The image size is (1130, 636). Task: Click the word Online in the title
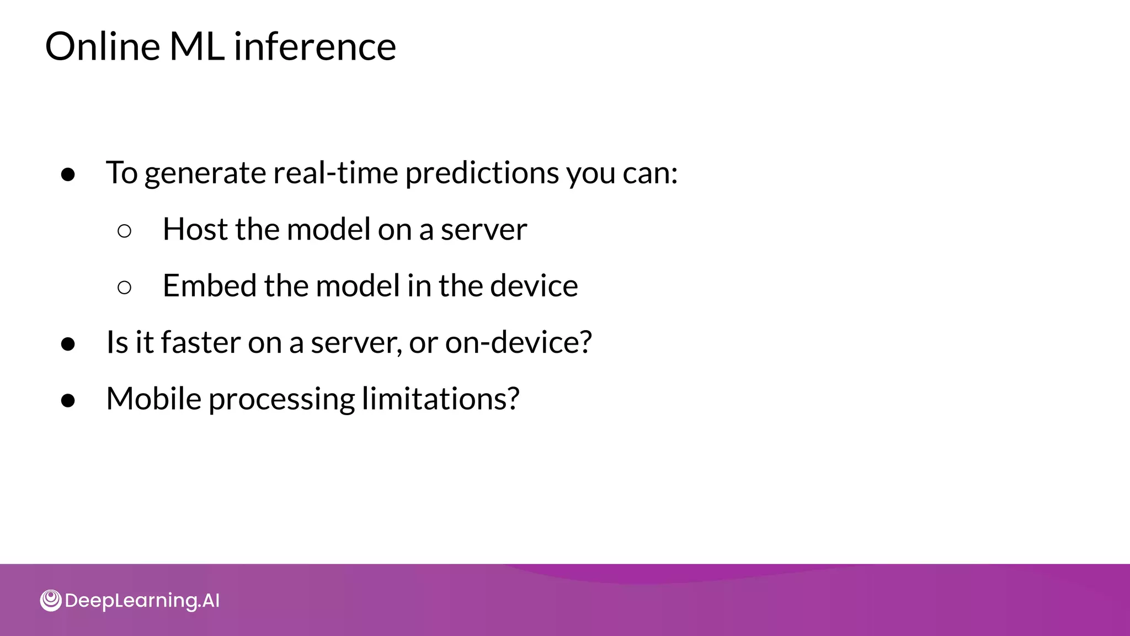(x=103, y=46)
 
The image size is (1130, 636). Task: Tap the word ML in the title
(x=197, y=46)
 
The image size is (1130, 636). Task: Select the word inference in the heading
(x=315, y=46)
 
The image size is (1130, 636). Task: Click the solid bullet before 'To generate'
(x=68, y=174)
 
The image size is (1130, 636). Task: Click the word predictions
(x=482, y=174)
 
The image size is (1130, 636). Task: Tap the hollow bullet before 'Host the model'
(x=125, y=231)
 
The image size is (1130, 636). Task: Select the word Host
(x=195, y=229)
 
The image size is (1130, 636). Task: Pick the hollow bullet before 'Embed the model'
(x=125, y=287)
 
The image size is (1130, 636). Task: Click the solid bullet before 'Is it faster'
(x=68, y=344)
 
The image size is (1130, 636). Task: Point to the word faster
(x=200, y=342)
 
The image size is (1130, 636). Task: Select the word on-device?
(x=518, y=342)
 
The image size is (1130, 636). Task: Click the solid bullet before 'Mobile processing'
(x=68, y=400)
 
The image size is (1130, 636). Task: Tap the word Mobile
(x=154, y=399)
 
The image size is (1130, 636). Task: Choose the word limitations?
(x=440, y=399)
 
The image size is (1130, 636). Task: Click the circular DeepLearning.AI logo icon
(x=51, y=601)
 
